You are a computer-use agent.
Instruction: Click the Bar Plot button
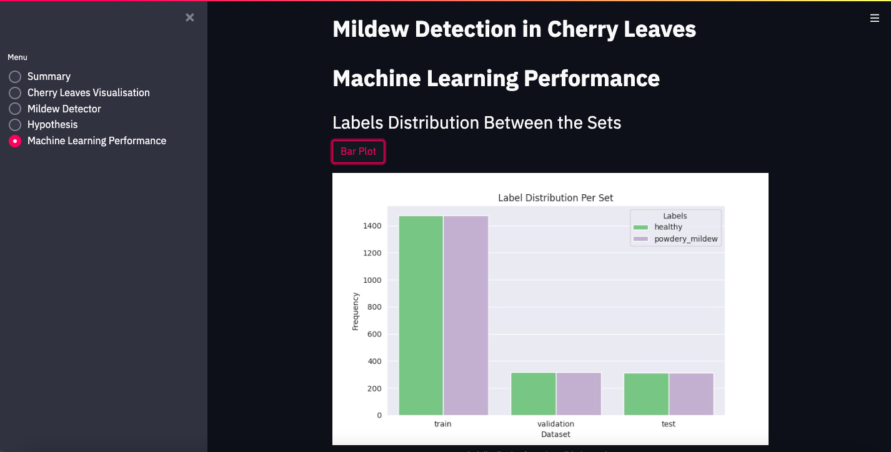(358, 152)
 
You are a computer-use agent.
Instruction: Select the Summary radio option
(15, 77)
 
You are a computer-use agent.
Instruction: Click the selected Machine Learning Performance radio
(15, 141)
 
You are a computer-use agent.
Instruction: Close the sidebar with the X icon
(190, 17)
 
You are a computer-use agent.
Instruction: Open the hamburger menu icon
(875, 18)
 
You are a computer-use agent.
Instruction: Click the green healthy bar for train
(421, 315)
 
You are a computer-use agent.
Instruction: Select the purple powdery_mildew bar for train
(466, 315)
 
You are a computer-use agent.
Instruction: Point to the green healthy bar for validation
(534, 394)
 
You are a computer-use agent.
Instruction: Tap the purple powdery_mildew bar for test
(691, 394)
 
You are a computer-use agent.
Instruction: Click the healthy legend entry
(668, 227)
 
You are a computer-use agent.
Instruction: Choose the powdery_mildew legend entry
(685, 239)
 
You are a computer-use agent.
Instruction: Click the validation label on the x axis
(555, 424)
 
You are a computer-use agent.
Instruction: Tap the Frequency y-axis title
(356, 311)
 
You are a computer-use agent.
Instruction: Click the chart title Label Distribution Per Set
(555, 198)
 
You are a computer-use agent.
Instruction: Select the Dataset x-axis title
(555, 434)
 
